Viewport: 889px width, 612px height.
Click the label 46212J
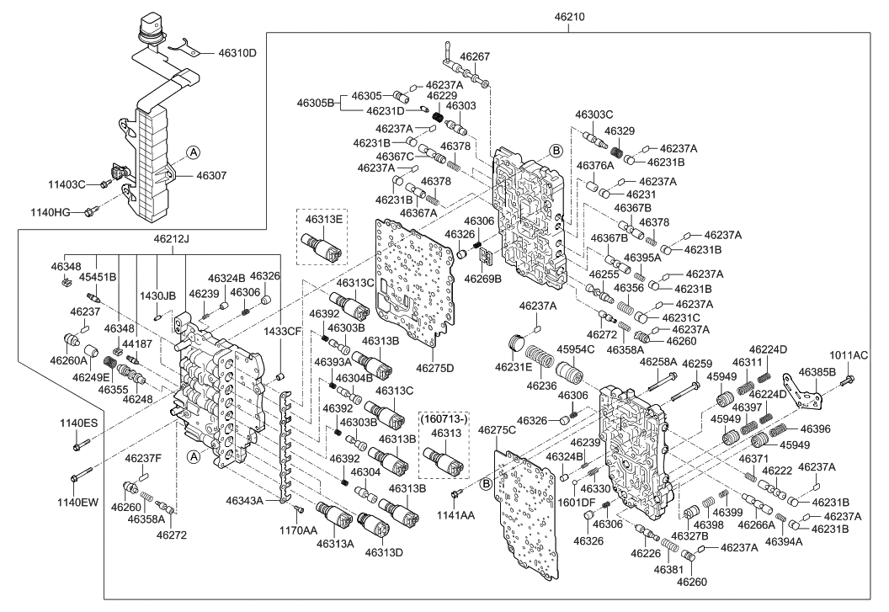[x=171, y=239]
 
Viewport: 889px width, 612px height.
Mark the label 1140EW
[x=78, y=503]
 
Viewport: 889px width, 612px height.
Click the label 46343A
[x=245, y=501]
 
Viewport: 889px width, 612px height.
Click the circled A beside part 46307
[x=192, y=152]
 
